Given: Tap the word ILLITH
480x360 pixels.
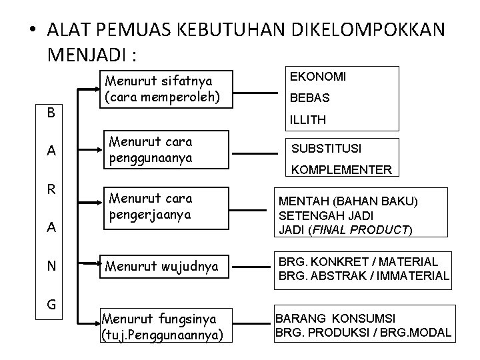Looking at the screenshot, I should pos(307,120).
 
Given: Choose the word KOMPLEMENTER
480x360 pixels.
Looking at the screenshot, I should pos(341,169).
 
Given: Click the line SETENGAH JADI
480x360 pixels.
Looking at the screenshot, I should pos(317,216).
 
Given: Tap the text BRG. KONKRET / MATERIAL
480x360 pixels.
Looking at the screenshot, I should pos(358,263).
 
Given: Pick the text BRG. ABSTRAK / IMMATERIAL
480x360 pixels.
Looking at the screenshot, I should pos(363,276).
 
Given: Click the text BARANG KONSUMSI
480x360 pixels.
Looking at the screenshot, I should pos(335,319).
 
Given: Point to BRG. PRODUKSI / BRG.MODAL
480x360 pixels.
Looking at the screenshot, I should pos(363,333).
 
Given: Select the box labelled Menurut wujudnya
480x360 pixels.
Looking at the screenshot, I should pos(162,268).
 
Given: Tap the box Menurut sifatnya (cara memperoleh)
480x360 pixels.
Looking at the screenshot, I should pos(162,89).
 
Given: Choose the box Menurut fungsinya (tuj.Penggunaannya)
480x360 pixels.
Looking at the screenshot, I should pos(162,325).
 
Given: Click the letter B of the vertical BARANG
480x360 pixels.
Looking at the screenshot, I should pos(51,113).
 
